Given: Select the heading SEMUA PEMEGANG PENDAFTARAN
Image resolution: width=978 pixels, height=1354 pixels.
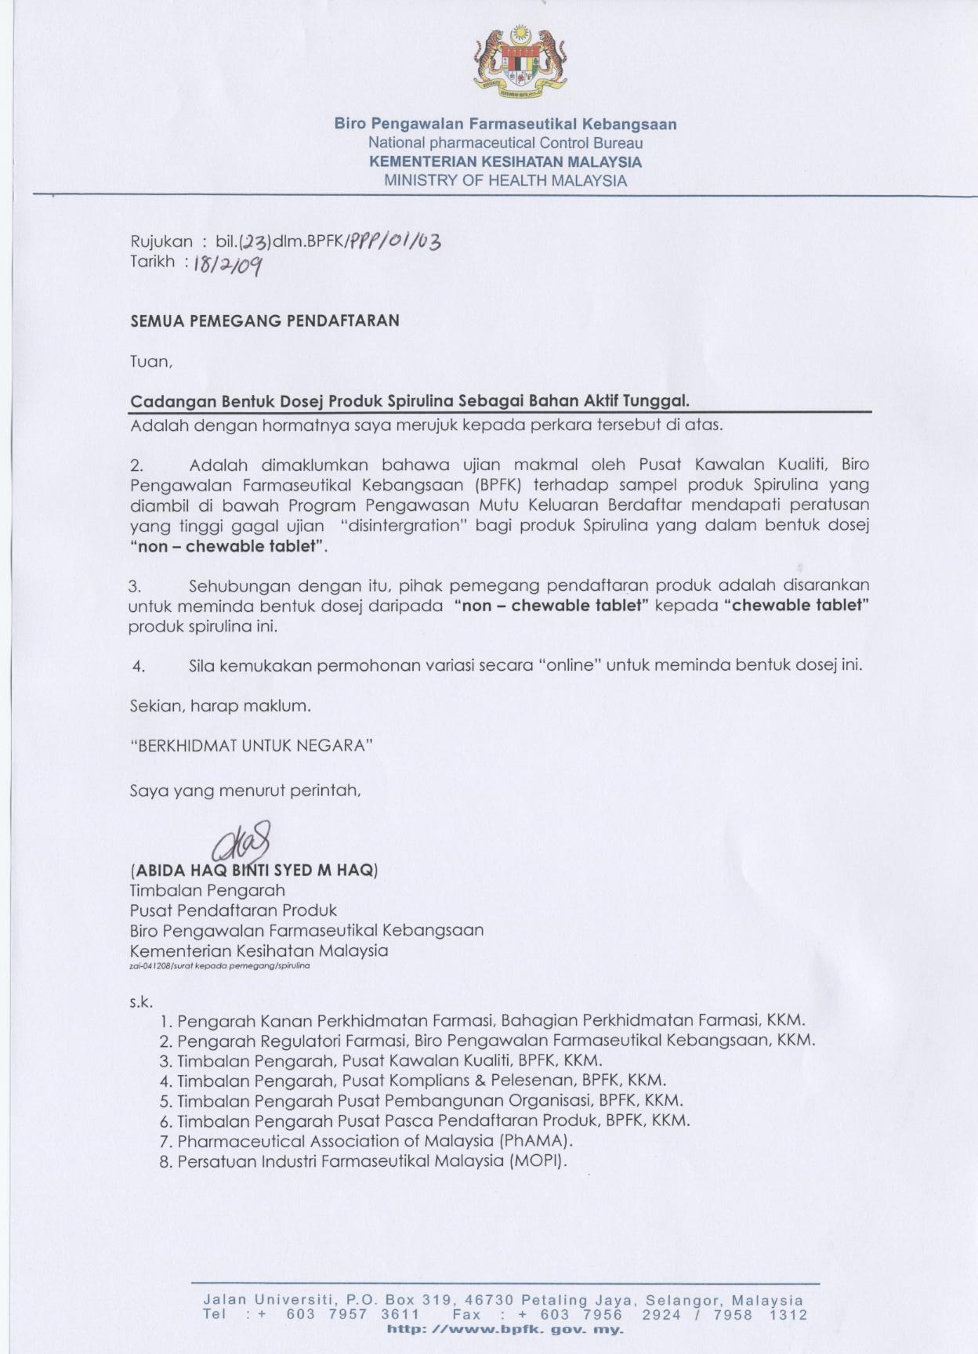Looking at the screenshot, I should click(x=264, y=320).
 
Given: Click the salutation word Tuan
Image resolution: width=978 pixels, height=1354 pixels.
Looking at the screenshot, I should click(x=150, y=362).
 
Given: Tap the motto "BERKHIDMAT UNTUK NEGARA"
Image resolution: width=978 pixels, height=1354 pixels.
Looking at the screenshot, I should click(x=251, y=745).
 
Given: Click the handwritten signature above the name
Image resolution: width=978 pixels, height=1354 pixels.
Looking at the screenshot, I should click(x=242, y=842).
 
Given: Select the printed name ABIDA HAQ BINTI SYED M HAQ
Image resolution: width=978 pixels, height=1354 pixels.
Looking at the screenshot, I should click(x=254, y=870).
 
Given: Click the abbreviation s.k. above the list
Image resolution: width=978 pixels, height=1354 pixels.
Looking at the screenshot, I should click(x=141, y=1002).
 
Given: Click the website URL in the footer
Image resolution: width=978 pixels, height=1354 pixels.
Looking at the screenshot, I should click(x=505, y=1330).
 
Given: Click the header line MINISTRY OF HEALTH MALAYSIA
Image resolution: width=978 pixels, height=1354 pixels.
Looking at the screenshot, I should click(x=505, y=181).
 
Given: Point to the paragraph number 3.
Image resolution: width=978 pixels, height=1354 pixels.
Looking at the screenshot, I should click(x=135, y=586).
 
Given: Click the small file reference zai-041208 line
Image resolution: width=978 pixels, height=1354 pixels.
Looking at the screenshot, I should click(x=219, y=966).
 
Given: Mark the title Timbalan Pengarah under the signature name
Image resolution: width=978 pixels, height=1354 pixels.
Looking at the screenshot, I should click(x=207, y=890).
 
